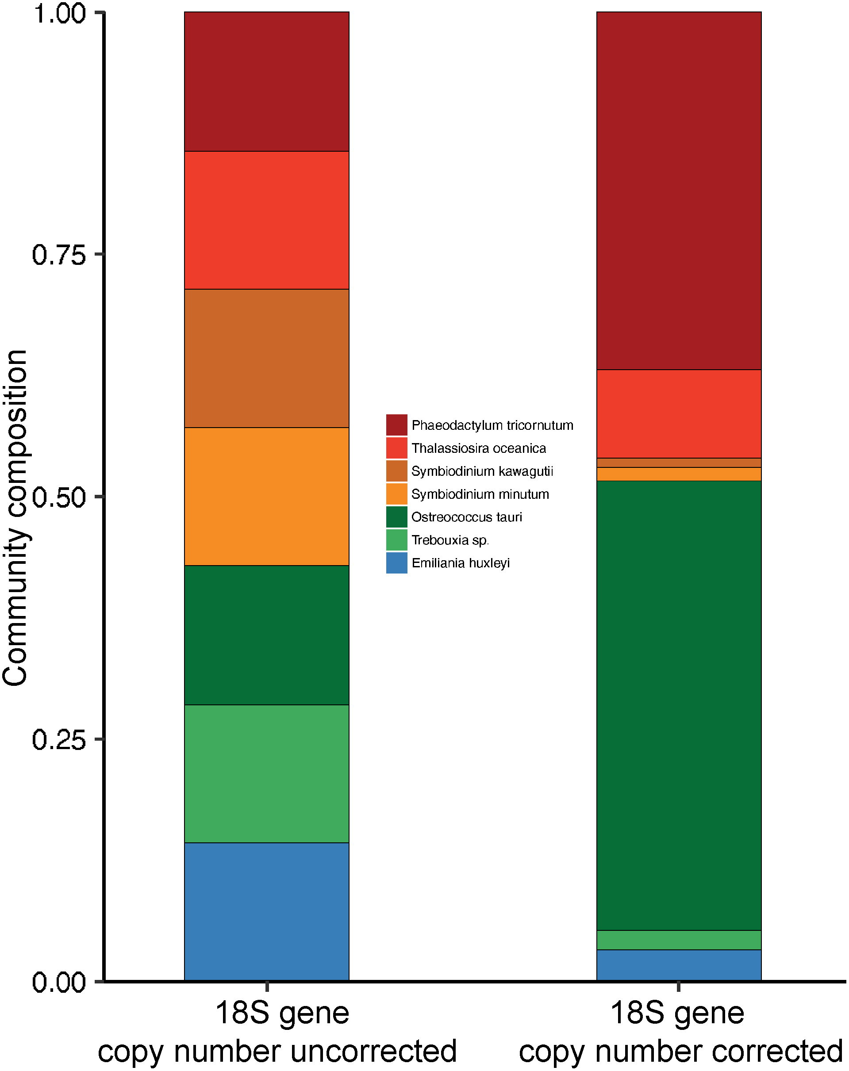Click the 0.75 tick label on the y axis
pyautogui.click(x=59, y=255)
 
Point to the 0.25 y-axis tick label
pyautogui.click(x=59, y=740)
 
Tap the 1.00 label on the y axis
pyautogui.click(x=59, y=13)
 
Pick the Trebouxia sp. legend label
pyautogui.click(x=450, y=540)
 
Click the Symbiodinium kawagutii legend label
pyautogui.click(x=482, y=471)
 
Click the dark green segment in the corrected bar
pyautogui.click(x=679, y=705)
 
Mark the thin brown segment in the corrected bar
pyautogui.click(x=679, y=463)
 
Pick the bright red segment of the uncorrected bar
pyautogui.click(x=266, y=220)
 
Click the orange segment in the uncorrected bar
pyautogui.click(x=266, y=496)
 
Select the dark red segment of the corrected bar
pyautogui.click(x=679, y=191)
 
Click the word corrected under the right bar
pyautogui.click(x=777, y=1051)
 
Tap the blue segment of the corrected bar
pyautogui.click(x=679, y=965)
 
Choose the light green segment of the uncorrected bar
pyautogui.click(x=266, y=773)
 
